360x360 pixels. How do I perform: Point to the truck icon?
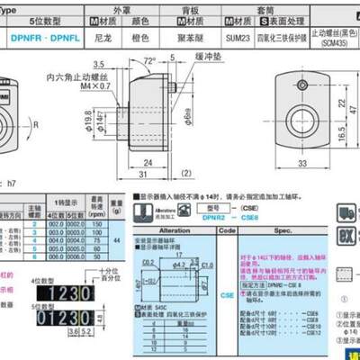pyautogui.click(x=346, y=214)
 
